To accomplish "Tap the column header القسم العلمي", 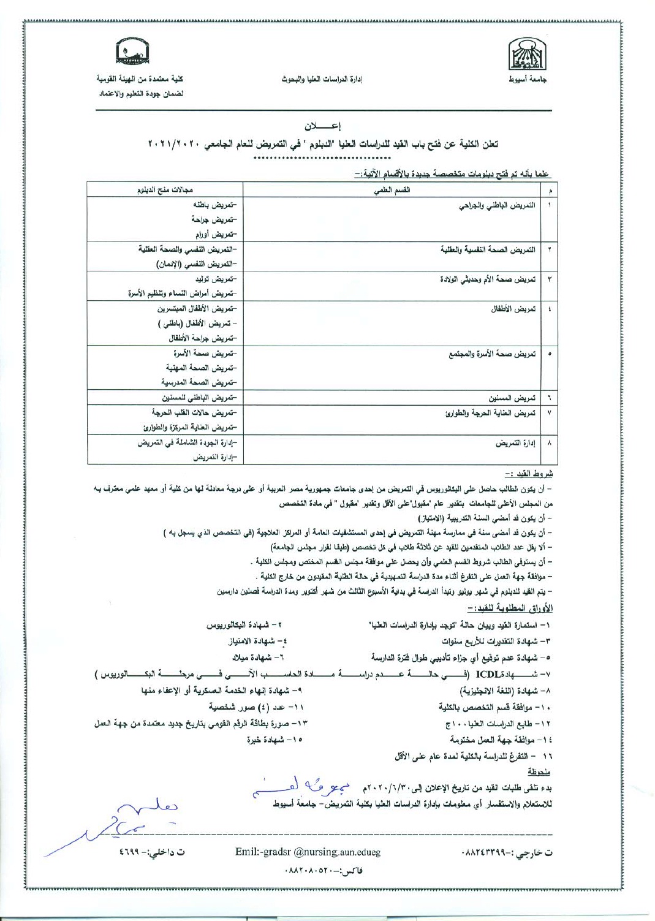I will pos(392,190).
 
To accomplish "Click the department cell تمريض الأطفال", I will pos(513,309).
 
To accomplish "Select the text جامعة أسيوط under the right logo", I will pos(530,80).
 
